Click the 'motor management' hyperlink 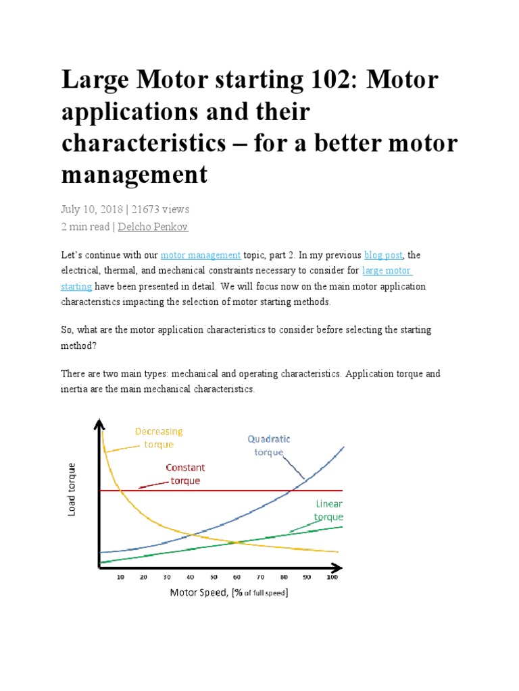pyautogui.click(x=201, y=255)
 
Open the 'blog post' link pyautogui.click(x=383, y=255)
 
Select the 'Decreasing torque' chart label pyautogui.click(x=159, y=437)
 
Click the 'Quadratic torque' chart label pyautogui.click(x=269, y=445)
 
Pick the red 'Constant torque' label pyautogui.click(x=185, y=474)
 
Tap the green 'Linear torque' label pyautogui.click(x=328, y=510)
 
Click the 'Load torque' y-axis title pyautogui.click(x=72, y=490)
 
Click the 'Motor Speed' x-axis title pyautogui.click(x=228, y=593)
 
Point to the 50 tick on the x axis pyautogui.click(x=214, y=578)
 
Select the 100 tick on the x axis pyautogui.click(x=332, y=578)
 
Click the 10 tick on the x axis pyautogui.click(x=120, y=578)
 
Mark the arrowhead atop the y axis pyautogui.click(x=100, y=424)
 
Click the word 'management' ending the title pyautogui.click(x=134, y=174)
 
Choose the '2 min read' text pyautogui.click(x=85, y=227)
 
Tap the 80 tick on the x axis pyautogui.click(x=284, y=578)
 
